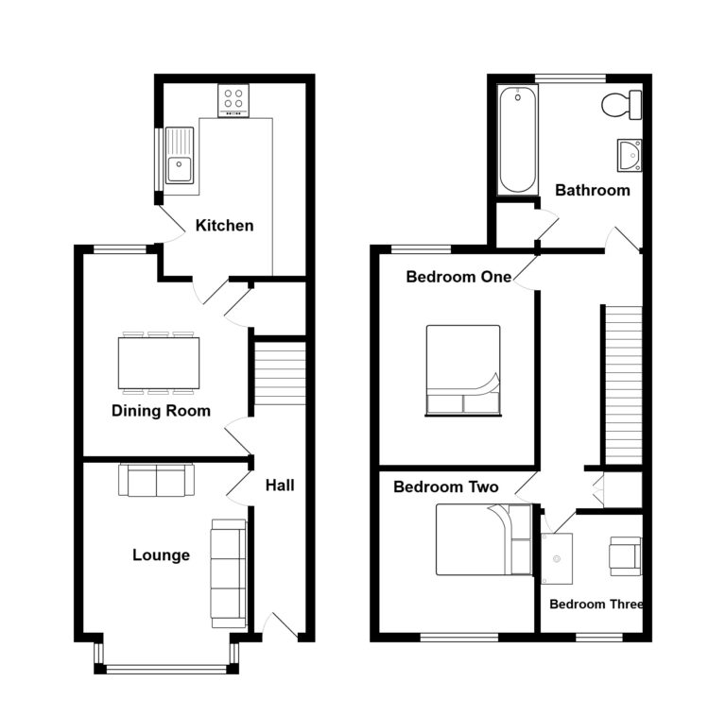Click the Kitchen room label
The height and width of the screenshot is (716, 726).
click(224, 225)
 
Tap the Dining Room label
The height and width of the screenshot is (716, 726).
click(161, 411)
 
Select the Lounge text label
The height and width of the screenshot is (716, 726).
click(161, 555)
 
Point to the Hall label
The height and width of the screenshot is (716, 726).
click(280, 486)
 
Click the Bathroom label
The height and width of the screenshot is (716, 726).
click(592, 190)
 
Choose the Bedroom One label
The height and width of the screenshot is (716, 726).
click(458, 277)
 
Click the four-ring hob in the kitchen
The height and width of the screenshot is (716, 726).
click(233, 99)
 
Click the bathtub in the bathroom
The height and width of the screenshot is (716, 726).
click(517, 139)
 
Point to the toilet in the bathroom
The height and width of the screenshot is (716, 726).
click(620, 106)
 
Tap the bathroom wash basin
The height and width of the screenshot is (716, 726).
click(630, 156)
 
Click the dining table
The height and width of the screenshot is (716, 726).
click(159, 361)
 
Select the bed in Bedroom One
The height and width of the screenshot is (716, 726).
click(463, 369)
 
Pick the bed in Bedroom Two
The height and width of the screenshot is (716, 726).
click(485, 539)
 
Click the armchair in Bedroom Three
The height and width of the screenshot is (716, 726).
click(624, 554)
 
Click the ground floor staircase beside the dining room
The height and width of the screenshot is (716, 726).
click(280, 373)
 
